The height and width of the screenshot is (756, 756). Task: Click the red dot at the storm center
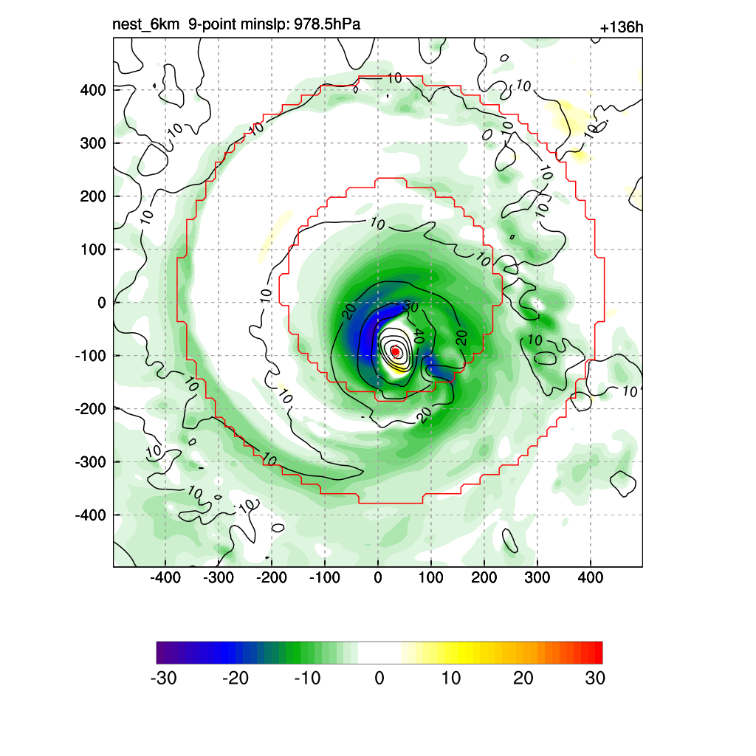click(x=395, y=351)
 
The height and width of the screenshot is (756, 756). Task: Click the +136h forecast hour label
click(x=622, y=28)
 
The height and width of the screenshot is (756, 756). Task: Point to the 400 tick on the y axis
click(x=93, y=90)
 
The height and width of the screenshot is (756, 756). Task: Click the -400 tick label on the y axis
click(x=90, y=515)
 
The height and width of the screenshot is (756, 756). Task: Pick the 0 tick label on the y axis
click(x=102, y=303)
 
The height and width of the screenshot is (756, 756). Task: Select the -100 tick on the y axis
click(x=90, y=356)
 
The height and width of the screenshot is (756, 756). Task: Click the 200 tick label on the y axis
click(x=93, y=196)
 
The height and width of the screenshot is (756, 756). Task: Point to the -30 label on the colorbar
click(x=163, y=678)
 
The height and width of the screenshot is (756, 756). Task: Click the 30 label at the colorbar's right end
click(x=594, y=678)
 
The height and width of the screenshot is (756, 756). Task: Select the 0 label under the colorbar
click(x=379, y=678)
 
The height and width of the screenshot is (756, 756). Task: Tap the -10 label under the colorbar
click(x=307, y=678)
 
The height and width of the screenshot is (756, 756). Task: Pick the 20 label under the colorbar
click(x=523, y=678)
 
